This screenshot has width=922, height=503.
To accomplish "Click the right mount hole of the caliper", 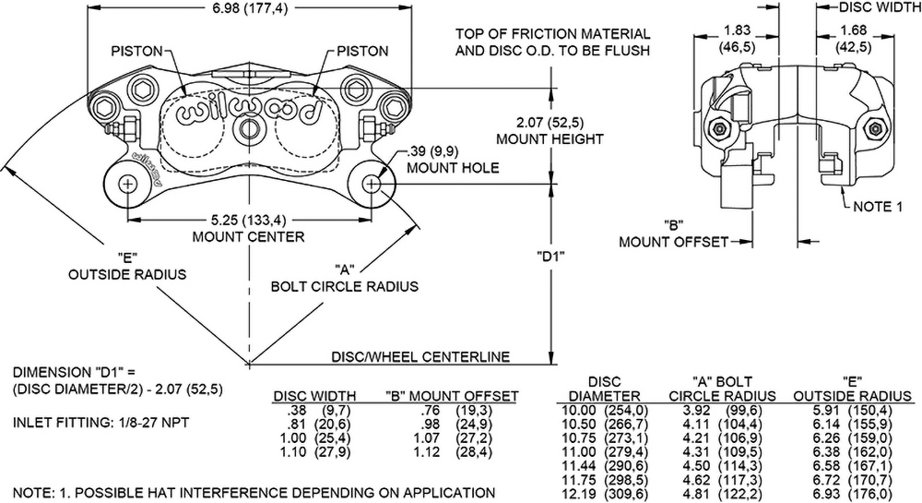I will [x=372, y=183].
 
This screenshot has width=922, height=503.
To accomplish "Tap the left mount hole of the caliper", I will [x=127, y=183].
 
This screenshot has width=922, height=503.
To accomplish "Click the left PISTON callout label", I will [x=139, y=52].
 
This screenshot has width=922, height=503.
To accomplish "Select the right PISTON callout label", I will [x=362, y=52].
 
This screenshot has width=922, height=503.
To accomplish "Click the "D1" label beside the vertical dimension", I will [x=550, y=257].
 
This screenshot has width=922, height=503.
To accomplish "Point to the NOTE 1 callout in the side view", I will [x=877, y=207].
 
